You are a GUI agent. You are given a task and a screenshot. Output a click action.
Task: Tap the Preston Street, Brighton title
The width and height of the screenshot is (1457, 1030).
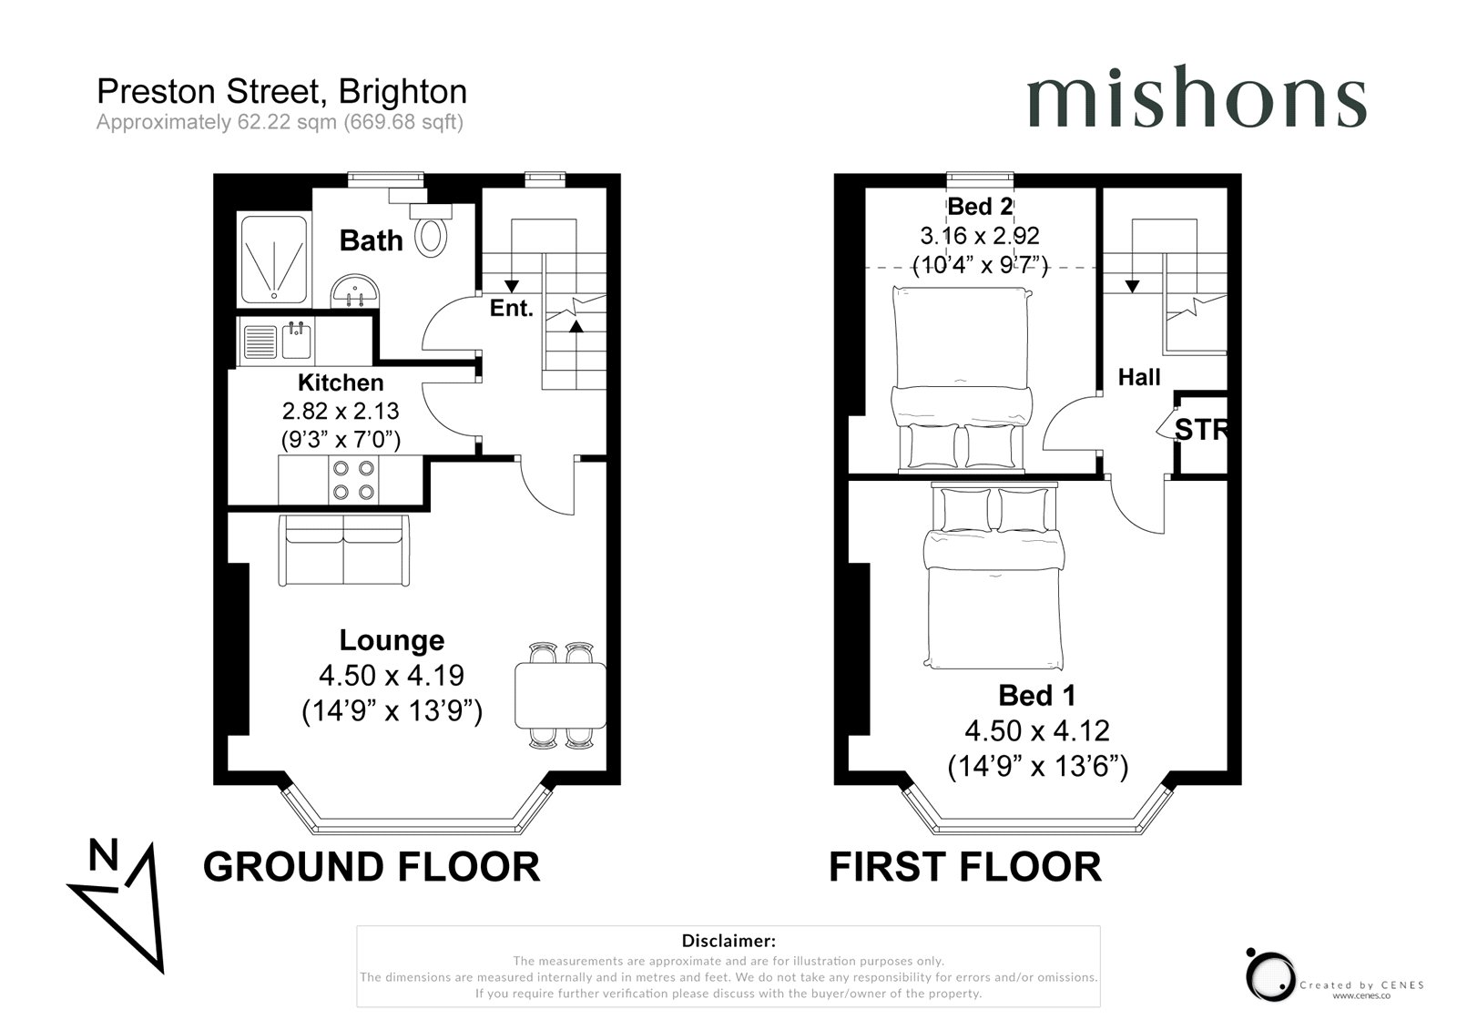click(281, 92)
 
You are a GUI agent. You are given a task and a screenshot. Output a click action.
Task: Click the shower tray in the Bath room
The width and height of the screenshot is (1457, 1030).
click(274, 260)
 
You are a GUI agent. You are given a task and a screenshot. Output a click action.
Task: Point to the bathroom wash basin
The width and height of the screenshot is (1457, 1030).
click(354, 291)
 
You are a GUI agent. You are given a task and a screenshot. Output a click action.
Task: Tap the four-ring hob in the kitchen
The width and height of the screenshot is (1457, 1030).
click(354, 480)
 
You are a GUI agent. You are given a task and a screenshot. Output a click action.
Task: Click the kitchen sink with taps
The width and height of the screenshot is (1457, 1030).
click(296, 340)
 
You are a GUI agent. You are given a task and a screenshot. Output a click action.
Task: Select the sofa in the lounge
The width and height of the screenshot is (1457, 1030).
click(343, 550)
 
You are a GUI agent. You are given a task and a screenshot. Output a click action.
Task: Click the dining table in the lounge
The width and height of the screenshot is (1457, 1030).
click(561, 696)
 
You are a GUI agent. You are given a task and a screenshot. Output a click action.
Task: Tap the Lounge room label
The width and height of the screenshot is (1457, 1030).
click(392, 640)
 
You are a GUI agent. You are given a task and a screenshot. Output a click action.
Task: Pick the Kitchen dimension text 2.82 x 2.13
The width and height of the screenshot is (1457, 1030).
click(341, 412)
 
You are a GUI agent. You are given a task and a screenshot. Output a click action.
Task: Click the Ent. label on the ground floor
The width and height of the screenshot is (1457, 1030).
click(511, 308)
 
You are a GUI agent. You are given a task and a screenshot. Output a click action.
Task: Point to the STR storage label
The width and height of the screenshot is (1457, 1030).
click(1201, 430)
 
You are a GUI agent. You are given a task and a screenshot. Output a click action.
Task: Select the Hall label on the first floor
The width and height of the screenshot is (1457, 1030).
click(1139, 377)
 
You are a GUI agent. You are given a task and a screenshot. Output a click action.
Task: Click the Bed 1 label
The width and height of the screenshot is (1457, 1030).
click(1037, 696)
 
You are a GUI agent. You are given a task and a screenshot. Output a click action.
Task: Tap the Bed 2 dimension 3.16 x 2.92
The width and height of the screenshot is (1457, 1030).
click(980, 236)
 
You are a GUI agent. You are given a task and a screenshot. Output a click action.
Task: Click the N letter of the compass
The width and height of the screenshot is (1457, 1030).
click(104, 854)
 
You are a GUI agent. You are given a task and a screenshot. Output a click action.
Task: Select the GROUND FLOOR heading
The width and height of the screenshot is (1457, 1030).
click(372, 867)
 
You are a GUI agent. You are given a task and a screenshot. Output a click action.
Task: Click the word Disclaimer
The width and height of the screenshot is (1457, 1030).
click(728, 940)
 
